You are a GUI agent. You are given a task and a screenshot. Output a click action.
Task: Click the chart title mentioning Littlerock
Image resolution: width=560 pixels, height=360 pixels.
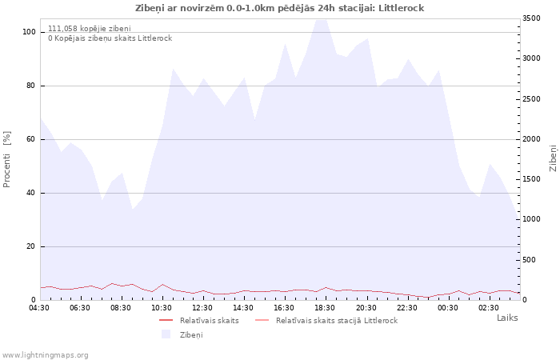click(x=280, y=8)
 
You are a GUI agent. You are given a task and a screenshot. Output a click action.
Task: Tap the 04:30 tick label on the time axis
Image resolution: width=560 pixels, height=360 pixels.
click(x=39, y=308)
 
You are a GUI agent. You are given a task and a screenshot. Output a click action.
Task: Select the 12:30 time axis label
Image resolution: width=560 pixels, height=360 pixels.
click(x=202, y=308)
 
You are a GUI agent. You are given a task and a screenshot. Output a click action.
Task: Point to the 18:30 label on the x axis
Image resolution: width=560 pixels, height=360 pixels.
click(x=325, y=308)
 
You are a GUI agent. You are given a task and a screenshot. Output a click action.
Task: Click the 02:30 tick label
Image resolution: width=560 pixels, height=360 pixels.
click(x=489, y=308)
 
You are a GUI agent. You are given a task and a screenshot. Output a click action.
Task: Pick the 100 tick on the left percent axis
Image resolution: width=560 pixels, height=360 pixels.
click(x=29, y=32)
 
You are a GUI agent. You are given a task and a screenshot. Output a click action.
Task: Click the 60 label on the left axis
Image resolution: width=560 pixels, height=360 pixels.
click(x=30, y=139)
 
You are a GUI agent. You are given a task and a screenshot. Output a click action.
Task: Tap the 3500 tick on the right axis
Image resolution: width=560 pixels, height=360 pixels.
click(x=531, y=18)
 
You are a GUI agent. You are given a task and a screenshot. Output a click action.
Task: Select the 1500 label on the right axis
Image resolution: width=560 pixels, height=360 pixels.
click(x=531, y=179)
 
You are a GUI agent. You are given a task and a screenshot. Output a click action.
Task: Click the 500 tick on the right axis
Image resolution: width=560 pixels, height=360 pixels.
click(x=530, y=260)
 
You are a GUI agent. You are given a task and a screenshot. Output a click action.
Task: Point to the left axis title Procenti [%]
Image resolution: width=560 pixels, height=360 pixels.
click(x=6, y=159)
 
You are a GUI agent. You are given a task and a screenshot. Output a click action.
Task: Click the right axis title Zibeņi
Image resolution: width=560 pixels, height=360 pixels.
click(x=554, y=158)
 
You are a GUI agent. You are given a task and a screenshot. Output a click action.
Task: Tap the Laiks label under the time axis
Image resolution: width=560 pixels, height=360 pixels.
click(x=507, y=318)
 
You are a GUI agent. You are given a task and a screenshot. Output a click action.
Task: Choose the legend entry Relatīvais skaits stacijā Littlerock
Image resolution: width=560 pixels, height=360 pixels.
click(x=326, y=321)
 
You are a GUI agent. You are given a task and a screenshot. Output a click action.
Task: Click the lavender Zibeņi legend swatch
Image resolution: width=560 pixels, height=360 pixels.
click(x=166, y=334)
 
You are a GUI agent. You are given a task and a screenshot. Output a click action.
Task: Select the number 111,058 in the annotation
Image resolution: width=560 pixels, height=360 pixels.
click(x=62, y=29)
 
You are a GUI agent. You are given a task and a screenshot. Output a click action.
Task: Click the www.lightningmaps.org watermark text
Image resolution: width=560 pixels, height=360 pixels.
click(x=45, y=355)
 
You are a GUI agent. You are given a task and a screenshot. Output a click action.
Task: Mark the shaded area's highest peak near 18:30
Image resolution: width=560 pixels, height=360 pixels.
click(x=321, y=20)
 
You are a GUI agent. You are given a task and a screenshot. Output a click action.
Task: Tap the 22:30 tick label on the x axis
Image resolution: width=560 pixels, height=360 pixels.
click(x=406, y=308)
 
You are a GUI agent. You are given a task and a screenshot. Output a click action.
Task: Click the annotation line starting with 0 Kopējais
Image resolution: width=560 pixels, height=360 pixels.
click(x=110, y=38)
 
